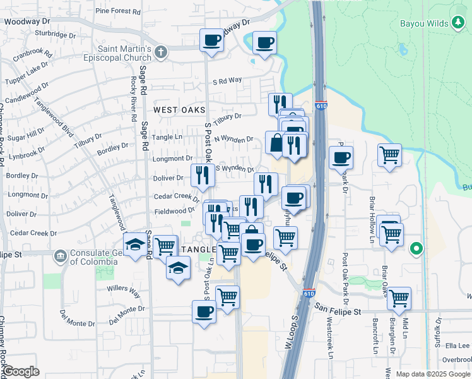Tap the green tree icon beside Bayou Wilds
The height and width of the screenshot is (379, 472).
(x=459, y=24)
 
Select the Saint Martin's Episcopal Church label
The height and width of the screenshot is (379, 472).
(x=124, y=52)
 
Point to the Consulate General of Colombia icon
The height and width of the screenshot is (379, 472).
(x=60, y=255)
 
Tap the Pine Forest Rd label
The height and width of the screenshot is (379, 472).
(x=118, y=11)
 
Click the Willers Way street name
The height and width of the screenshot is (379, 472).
(x=124, y=291)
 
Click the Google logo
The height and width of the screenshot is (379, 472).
(x=21, y=371)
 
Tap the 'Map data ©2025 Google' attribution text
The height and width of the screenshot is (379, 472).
(x=432, y=374)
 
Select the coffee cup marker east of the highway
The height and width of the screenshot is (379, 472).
(x=341, y=157)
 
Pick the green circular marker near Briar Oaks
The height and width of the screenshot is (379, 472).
(x=415, y=248)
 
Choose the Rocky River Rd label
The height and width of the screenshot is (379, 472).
(x=134, y=99)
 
